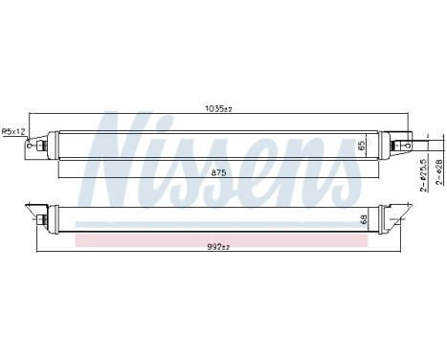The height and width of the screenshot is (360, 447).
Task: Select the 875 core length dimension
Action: pyautogui.click(x=217, y=172)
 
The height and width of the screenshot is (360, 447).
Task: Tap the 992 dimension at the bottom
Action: pyautogui.click(x=220, y=247)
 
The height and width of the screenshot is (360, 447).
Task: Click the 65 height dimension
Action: pyautogui.click(x=362, y=147)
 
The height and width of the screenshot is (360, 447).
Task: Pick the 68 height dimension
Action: pyautogui.click(x=362, y=220)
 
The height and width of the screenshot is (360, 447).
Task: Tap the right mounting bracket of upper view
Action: pyautogui.click(x=406, y=139)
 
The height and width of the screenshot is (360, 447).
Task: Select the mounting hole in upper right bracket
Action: pyautogui.click(x=410, y=136)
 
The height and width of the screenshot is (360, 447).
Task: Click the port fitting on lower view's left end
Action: pyautogui.click(x=43, y=221)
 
